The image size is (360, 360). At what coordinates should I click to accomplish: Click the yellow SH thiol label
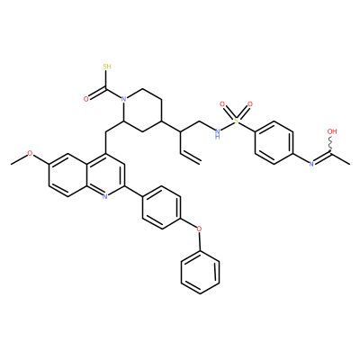point(107,66)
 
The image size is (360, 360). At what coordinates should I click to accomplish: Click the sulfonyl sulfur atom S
point(237,121)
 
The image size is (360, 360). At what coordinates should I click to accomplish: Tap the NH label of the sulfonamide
point(218,133)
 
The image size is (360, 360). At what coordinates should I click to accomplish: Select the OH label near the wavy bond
point(332,131)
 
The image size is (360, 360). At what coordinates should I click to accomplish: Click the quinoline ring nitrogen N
point(104,196)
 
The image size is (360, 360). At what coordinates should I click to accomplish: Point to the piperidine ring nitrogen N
point(122,99)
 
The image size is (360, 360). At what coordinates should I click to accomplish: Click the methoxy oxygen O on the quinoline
point(30,153)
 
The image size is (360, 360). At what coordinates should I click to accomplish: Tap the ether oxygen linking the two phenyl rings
point(199,229)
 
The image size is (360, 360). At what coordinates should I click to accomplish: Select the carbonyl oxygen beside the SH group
point(86,99)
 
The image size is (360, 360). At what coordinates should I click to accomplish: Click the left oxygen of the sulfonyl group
point(222,104)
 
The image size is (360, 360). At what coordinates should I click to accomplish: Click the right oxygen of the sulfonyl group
point(250,104)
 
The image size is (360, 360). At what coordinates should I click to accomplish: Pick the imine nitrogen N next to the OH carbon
point(311,164)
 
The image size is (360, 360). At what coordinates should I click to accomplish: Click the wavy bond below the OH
point(331,144)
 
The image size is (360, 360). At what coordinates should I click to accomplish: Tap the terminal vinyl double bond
point(190,157)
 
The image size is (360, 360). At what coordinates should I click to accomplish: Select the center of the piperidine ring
point(142,110)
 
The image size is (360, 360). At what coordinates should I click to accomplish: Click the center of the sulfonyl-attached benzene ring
point(274,142)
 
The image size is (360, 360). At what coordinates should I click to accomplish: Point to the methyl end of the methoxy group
point(12,164)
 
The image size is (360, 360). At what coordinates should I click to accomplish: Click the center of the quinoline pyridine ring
point(105,175)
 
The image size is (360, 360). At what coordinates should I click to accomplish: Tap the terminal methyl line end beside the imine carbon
point(350,164)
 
